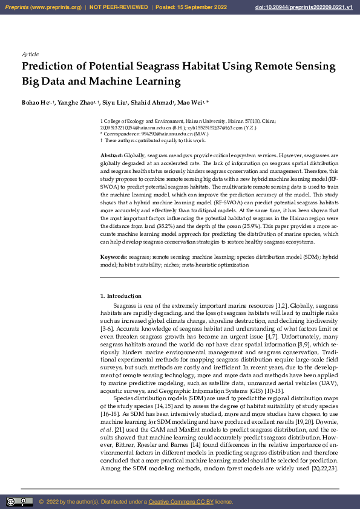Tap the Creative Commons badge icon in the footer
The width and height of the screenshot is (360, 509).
coord(19,502)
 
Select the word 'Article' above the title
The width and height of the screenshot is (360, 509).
coord(30,54)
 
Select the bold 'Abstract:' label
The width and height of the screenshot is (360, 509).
coord(111,156)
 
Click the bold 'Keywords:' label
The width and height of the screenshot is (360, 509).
coord(113,258)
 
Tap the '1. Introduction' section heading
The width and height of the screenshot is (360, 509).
coord(120,296)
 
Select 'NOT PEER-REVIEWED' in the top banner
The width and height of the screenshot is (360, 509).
coord(119,7)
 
